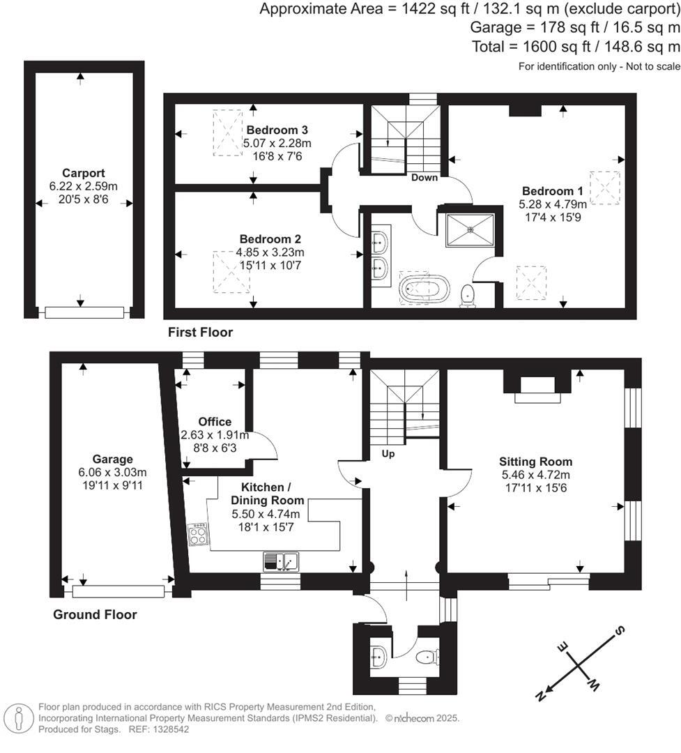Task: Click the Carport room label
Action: pyautogui.click(x=83, y=173)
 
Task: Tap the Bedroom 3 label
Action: pyautogui.click(x=277, y=130)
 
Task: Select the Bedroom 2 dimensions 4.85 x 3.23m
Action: pyautogui.click(x=272, y=252)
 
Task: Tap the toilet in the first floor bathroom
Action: pyautogui.click(x=468, y=295)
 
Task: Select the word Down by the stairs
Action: pyautogui.click(x=424, y=177)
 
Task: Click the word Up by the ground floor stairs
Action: pyautogui.click(x=388, y=453)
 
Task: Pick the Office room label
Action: pyautogui.click(x=214, y=422)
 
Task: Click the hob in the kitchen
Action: pyautogui.click(x=198, y=535)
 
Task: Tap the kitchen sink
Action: pyautogui.click(x=281, y=561)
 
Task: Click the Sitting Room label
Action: pyautogui.click(x=535, y=462)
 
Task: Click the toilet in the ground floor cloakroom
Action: pyautogui.click(x=427, y=657)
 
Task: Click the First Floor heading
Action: pyautogui.click(x=200, y=333)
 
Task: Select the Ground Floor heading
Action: pyautogui.click(x=95, y=614)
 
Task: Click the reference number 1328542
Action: pyautogui.click(x=166, y=729)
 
